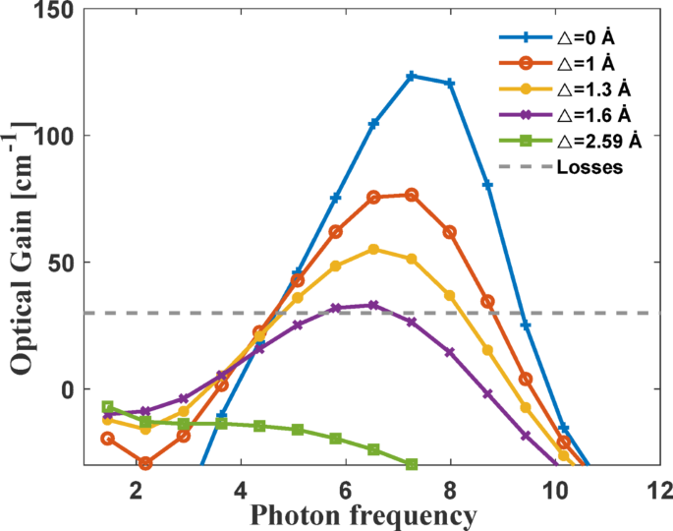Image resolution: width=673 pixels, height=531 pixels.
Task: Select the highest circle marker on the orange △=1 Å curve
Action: tap(412, 195)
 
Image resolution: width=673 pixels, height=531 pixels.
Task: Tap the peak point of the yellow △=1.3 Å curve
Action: tap(373, 250)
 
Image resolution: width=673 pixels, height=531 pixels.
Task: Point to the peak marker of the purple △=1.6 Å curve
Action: tap(373, 305)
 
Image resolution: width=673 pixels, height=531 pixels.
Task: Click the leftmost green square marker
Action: tap(108, 407)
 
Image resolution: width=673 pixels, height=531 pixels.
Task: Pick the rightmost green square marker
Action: tap(412, 464)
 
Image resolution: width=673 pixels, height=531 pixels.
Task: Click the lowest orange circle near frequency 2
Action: tap(145, 463)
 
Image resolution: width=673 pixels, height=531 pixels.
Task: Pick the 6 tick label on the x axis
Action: tap(345, 490)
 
